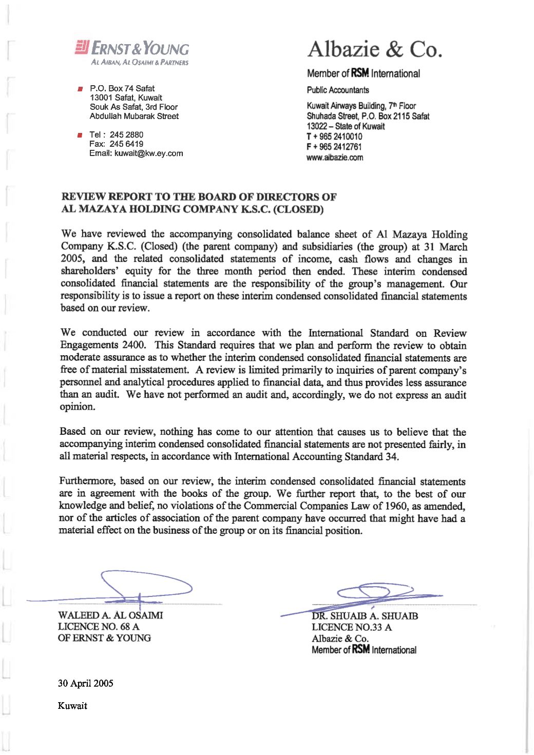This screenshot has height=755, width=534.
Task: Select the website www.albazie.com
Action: click(335, 158)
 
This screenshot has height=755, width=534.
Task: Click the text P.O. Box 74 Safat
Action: click(122, 88)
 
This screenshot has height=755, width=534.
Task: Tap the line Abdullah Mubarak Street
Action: click(134, 117)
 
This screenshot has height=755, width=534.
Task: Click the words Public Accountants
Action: click(338, 90)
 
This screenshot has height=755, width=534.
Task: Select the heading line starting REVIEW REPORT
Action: click(199, 197)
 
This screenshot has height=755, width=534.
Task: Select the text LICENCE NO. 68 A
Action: click(99, 627)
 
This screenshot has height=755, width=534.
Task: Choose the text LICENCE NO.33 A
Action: click(352, 627)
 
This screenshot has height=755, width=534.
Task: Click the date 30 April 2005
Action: click(86, 684)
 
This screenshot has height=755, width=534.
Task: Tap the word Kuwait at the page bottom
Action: click(72, 706)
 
